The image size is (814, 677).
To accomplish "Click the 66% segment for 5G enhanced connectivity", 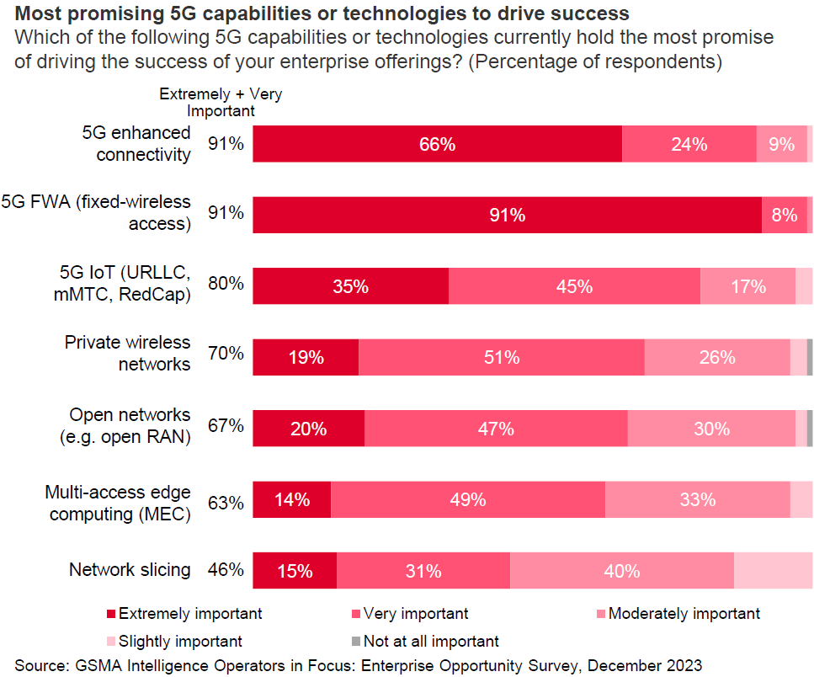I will (437, 144).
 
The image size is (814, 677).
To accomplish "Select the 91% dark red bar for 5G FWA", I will (507, 216).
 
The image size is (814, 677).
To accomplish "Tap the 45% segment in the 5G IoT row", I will (574, 286).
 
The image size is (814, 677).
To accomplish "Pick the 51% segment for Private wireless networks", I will (501, 357).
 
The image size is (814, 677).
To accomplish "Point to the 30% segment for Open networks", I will (711, 429).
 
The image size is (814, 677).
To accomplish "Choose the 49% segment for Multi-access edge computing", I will (467, 499).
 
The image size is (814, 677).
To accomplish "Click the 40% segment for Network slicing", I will (621, 571).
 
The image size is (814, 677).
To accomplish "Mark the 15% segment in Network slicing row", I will (295, 571).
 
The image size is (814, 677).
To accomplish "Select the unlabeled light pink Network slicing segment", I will (773, 571).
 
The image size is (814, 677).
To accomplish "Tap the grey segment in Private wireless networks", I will (810, 357).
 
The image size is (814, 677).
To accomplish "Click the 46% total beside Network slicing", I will (226, 570).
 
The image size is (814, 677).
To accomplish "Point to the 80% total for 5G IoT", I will (226, 284).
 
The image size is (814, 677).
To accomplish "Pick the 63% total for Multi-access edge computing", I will (226, 504).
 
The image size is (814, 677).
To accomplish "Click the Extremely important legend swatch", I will (111, 614).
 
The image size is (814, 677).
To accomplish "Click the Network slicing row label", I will (130, 570).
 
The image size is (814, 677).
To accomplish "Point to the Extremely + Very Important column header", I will (221, 102).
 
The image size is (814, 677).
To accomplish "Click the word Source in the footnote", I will (41, 664).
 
